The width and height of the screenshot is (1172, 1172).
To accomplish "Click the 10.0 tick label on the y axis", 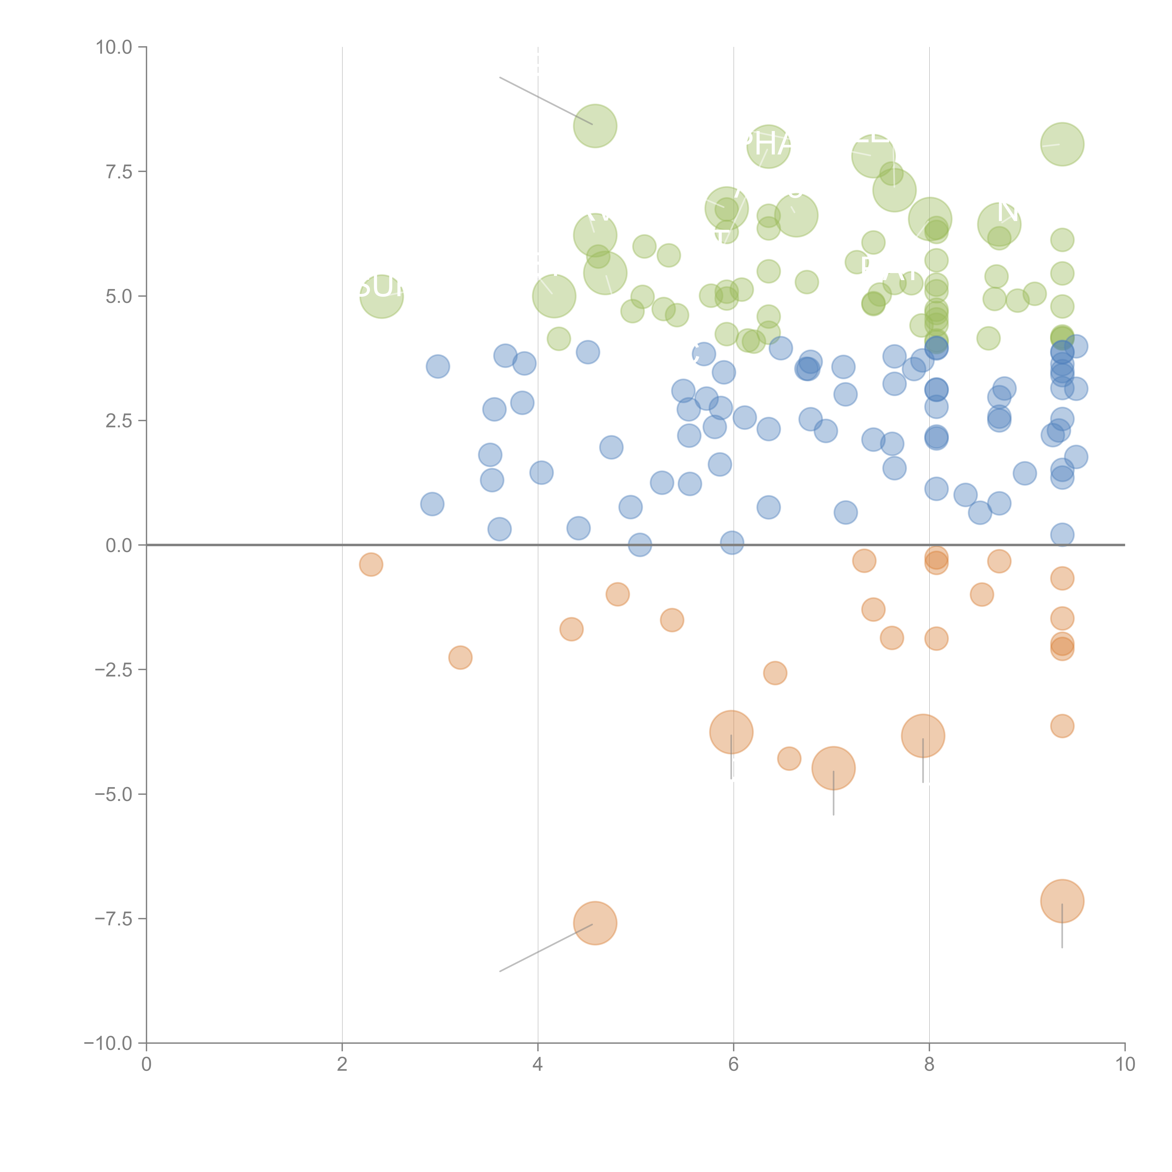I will coord(114,47).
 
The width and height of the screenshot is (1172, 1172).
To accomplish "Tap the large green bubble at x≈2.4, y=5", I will coord(381,296).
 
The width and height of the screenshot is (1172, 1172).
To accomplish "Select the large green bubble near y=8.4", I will coord(595,126).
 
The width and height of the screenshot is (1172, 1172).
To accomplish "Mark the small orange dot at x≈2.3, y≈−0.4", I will coord(371,565).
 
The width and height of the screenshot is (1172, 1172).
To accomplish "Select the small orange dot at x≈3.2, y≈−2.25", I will coord(460,657).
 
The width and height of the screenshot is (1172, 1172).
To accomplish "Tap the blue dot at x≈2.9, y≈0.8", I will coord(432,503).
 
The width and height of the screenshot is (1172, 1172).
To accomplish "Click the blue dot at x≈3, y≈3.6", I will coord(437,366).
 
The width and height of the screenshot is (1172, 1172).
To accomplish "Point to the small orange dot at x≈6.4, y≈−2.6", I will coord(775,673).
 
